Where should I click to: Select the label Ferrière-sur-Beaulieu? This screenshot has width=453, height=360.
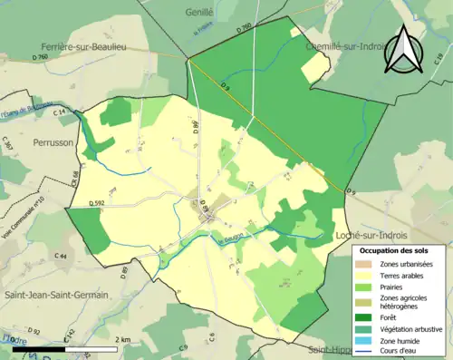82,45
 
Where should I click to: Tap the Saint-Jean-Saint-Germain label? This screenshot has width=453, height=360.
54,295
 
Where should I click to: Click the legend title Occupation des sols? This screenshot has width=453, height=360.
394,250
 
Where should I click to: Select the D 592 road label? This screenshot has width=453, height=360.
97,203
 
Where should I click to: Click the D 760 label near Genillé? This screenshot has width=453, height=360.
244,28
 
